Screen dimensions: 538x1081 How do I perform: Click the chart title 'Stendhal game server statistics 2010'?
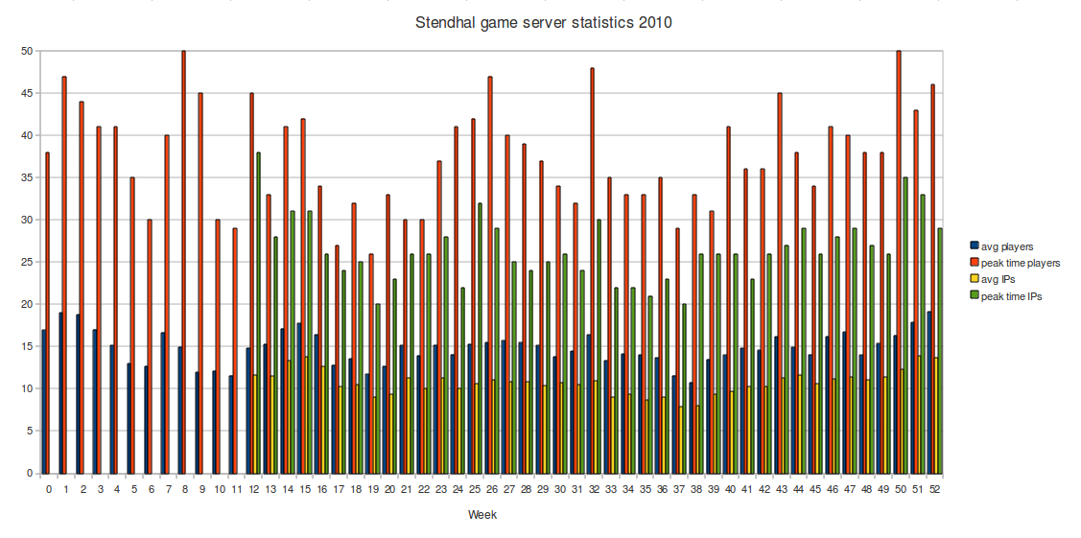(543, 22)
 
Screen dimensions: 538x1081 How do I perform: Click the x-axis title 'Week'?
(482, 515)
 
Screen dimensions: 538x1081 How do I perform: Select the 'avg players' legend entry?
(1015, 246)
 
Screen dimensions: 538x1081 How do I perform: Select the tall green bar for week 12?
(259, 313)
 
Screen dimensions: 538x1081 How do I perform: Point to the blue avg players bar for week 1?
(59, 393)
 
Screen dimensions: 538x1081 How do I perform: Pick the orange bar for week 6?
(149, 346)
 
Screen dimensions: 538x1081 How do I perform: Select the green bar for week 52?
(939, 351)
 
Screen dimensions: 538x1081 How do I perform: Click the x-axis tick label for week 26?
(490, 489)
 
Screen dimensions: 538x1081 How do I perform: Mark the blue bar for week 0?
(43, 402)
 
